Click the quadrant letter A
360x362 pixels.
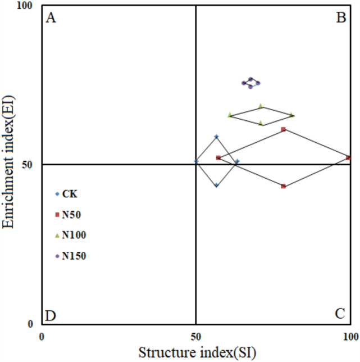coord(51,19)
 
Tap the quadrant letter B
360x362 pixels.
coord(340,19)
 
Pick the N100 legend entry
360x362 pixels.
coord(74,235)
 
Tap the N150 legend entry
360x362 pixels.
coord(74,256)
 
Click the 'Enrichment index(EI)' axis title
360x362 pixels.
coord(8,165)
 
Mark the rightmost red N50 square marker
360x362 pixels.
coord(348,158)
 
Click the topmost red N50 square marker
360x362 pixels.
coord(284,129)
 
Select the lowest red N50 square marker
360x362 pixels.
coord(284,186)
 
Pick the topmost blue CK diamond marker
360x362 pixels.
coord(216,137)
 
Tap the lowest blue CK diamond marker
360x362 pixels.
coord(216,185)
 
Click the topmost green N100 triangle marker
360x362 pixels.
coord(261,106)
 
